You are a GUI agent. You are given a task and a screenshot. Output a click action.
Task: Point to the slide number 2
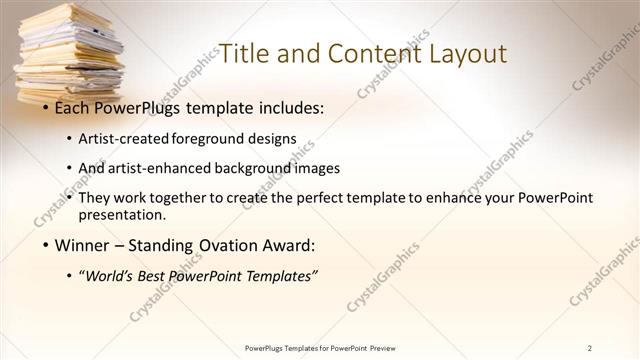tap(590, 347)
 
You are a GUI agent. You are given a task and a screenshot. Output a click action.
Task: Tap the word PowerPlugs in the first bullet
tap(142, 105)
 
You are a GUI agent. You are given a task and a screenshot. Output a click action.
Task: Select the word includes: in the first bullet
tap(291, 105)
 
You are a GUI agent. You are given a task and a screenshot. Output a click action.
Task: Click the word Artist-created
tap(124, 137)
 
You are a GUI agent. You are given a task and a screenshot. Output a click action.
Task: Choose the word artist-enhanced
tap(155, 168)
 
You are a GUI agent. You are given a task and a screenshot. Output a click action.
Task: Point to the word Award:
tap(287, 245)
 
